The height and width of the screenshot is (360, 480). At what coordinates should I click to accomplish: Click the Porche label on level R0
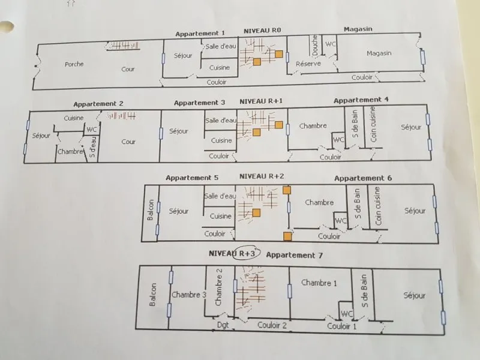click(74, 64)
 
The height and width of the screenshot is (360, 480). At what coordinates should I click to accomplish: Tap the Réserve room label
click(308, 64)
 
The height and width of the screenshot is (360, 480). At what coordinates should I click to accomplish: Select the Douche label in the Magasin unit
click(315, 45)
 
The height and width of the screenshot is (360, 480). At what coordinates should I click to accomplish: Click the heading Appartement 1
click(200, 34)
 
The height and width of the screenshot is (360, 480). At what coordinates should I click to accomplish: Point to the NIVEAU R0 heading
click(262, 31)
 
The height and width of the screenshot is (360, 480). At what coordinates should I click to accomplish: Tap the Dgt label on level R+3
click(223, 325)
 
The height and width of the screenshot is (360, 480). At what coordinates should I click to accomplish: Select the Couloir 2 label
click(272, 325)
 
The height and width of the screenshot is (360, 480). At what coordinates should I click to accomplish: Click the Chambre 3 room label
click(188, 295)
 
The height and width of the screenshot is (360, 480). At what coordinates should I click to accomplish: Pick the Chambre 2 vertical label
click(218, 287)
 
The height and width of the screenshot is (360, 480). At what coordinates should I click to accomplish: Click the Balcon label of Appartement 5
click(150, 209)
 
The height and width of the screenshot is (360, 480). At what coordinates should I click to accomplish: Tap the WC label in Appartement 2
click(92, 130)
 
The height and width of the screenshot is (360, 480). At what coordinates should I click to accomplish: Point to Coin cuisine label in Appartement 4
click(373, 124)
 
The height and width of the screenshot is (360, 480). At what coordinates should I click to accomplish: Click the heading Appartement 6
click(363, 178)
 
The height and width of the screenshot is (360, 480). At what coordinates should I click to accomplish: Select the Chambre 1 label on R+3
click(319, 283)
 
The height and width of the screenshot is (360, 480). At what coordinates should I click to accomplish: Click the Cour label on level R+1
click(128, 142)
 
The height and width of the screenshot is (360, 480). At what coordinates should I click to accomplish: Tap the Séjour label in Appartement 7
click(414, 295)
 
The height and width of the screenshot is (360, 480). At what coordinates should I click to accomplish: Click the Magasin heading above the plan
click(358, 29)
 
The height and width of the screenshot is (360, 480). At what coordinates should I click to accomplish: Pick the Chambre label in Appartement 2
click(70, 152)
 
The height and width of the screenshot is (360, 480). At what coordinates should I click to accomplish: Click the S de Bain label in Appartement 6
click(357, 203)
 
